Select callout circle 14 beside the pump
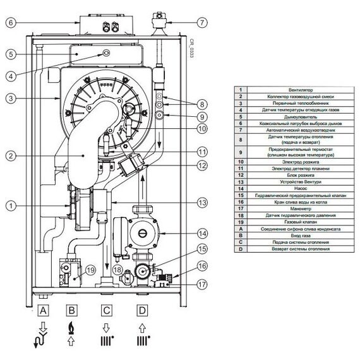click(x=202, y=232)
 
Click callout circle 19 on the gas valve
click(x=90, y=270)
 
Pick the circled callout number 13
click(x=201, y=202)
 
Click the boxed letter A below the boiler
click(x=43, y=311)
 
